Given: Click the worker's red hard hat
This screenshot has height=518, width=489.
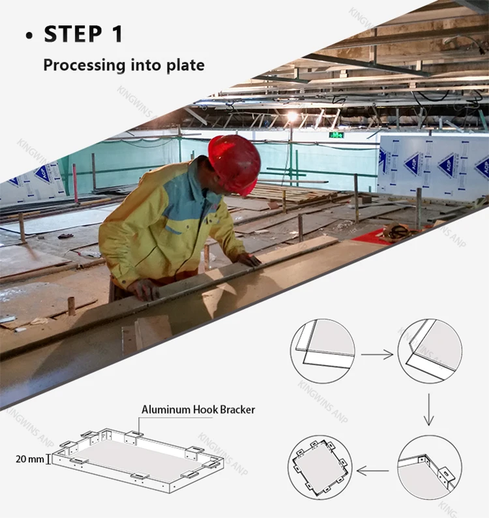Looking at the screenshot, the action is [235, 164].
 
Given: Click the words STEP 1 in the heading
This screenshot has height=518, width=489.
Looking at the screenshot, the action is [83, 34].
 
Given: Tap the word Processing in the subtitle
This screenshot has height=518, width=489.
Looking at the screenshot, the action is [84, 65].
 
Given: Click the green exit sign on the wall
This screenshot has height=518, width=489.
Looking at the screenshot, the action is [336, 134].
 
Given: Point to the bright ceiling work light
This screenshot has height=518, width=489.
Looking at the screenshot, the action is [292, 116].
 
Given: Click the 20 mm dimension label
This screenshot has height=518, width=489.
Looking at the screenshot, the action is [30, 459].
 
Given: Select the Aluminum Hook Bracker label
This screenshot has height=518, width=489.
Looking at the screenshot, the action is [198, 410].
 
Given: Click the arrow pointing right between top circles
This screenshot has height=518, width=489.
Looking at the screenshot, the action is [377, 354].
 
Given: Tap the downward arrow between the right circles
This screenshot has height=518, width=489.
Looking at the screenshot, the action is [428, 410].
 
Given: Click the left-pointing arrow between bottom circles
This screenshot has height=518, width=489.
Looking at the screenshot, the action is [373, 471].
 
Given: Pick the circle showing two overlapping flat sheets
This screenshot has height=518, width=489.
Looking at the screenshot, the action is [323, 351].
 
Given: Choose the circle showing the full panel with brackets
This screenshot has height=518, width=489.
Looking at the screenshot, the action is [319, 468].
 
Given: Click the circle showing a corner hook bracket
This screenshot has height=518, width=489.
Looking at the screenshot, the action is [430, 468].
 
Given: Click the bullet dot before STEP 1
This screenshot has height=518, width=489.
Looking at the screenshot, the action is [29, 36].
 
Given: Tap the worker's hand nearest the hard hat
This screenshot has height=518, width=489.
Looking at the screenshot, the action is [249, 260].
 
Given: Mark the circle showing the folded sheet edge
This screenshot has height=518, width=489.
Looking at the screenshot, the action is [430, 351].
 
